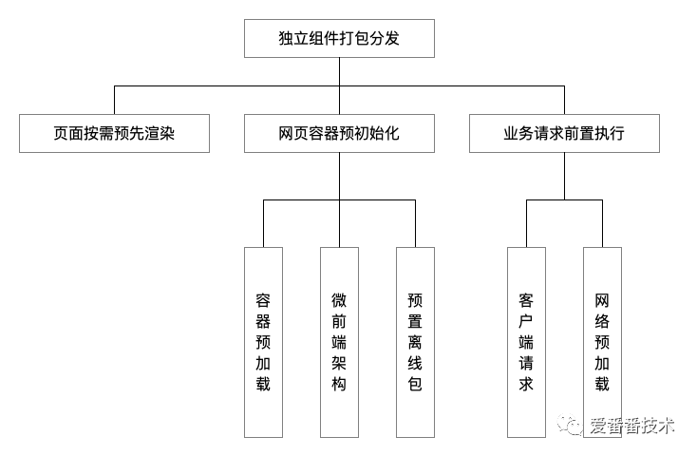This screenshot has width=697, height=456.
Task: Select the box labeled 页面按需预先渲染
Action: (113, 134)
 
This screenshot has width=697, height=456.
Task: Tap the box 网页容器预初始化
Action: (339, 134)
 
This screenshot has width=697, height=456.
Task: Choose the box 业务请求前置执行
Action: (564, 134)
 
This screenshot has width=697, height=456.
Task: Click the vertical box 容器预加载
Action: (263, 342)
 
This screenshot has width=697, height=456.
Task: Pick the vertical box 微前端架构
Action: (339, 342)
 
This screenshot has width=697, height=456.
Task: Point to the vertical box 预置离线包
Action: (415, 342)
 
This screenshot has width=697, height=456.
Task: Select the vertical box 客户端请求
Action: (526, 342)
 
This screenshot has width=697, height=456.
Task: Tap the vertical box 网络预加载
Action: (602, 342)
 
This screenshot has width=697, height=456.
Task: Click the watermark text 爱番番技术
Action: (631, 426)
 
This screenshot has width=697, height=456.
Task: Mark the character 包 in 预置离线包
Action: (415, 384)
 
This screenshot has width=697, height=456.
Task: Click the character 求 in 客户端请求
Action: (526, 384)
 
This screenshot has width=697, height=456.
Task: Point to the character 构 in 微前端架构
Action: (339, 384)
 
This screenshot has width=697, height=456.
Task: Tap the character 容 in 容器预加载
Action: (263, 300)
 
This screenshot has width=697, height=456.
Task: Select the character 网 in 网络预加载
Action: (602, 300)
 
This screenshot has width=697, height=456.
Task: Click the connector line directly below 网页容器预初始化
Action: (339, 176)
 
